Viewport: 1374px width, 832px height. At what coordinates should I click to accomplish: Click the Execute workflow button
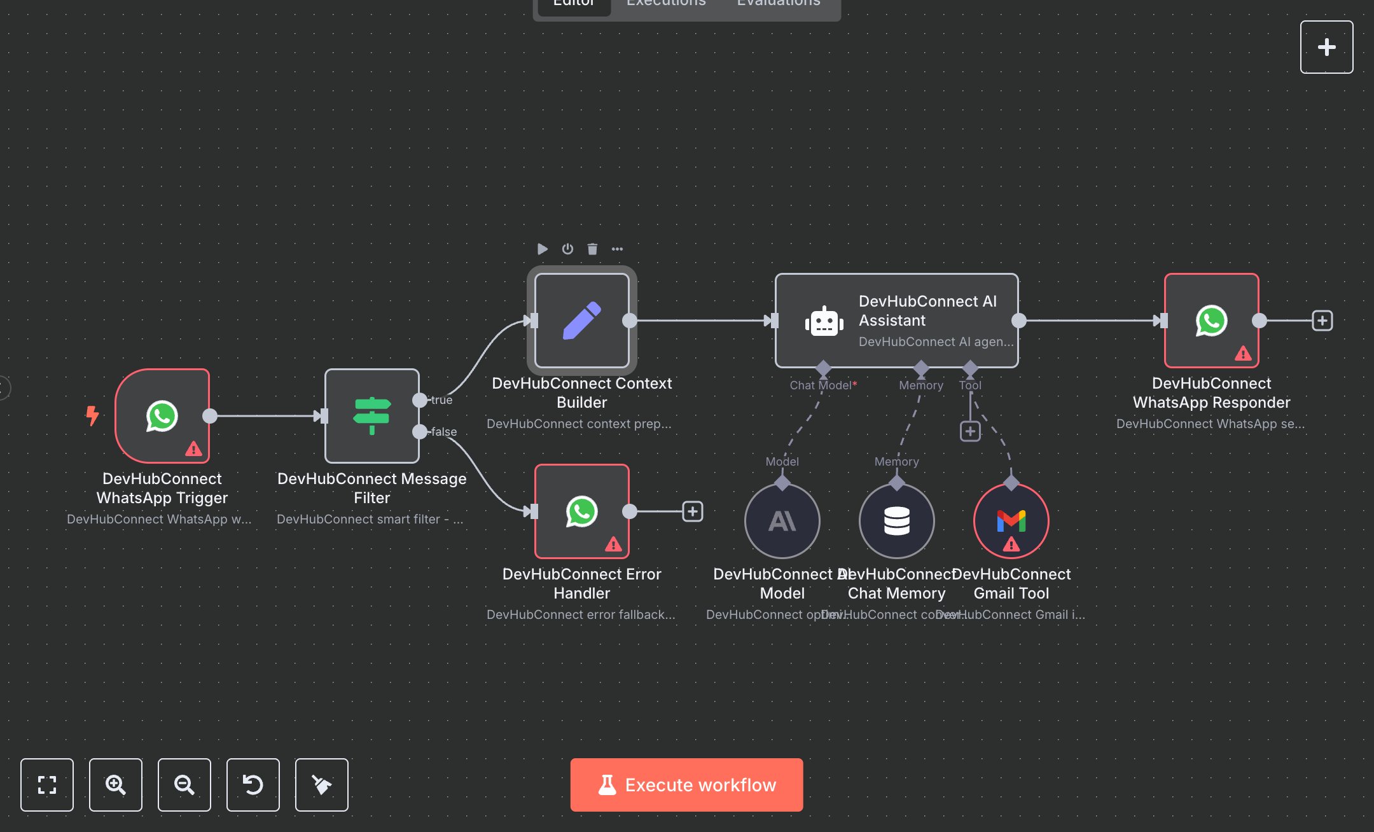point(686,784)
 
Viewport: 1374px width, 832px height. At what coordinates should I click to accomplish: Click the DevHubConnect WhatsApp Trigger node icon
point(162,416)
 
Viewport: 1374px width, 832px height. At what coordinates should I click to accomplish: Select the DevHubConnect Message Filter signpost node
point(372,416)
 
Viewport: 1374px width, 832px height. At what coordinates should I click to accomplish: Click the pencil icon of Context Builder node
point(581,321)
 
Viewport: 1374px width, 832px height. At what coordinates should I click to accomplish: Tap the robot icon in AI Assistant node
point(824,321)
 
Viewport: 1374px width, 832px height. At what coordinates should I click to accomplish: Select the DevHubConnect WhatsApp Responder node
point(1211,321)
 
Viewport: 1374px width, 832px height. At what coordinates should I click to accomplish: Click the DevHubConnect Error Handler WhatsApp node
point(581,511)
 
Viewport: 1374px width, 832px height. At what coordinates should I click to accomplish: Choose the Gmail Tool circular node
point(1011,521)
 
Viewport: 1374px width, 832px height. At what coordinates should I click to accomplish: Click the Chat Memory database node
point(896,521)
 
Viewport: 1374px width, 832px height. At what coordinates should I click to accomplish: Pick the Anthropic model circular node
point(782,521)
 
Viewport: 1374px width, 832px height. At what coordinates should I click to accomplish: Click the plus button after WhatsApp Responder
point(1322,321)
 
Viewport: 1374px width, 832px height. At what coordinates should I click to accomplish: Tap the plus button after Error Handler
point(693,511)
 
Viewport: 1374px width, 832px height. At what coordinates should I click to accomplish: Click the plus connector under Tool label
point(970,431)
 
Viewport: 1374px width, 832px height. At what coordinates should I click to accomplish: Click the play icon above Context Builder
point(543,249)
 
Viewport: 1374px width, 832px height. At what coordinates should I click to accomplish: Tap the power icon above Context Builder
point(567,249)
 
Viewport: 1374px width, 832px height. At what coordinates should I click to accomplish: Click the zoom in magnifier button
point(116,784)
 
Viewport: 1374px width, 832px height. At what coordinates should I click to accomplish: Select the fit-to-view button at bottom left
point(47,784)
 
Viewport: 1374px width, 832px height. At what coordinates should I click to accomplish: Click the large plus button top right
point(1326,47)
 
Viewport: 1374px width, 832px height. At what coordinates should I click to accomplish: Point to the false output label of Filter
point(444,432)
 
